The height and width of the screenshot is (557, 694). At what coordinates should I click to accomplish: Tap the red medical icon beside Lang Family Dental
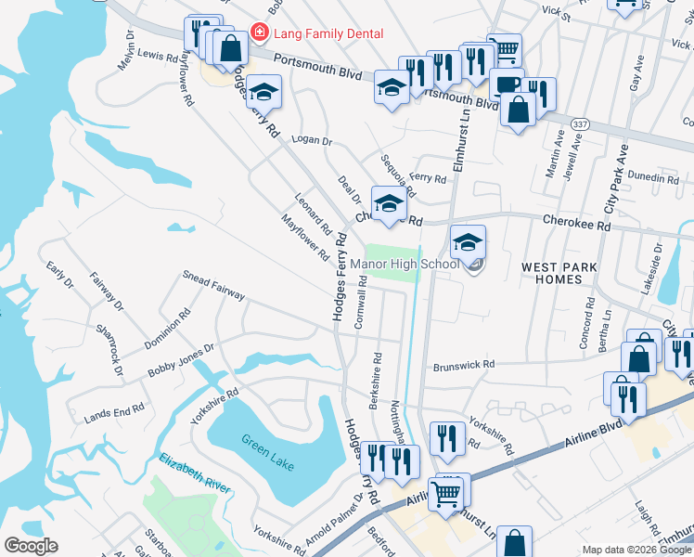click(260, 33)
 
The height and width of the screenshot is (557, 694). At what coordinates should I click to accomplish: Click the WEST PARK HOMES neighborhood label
click(559, 273)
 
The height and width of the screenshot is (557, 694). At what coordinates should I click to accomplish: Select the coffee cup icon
click(507, 84)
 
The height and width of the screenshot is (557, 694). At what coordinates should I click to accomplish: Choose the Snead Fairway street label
click(213, 286)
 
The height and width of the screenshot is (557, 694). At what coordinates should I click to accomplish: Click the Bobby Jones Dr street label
click(181, 359)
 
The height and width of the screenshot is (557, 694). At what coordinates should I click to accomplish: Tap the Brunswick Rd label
click(463, 366)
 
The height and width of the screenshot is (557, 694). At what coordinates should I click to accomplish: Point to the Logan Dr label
click(311, 140)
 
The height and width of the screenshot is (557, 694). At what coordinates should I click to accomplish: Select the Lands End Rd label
click(114, 409)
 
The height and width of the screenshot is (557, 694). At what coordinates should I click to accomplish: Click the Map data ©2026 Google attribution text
click(636, 550)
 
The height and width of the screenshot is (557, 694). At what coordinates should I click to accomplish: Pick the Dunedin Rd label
click(653, 177)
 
